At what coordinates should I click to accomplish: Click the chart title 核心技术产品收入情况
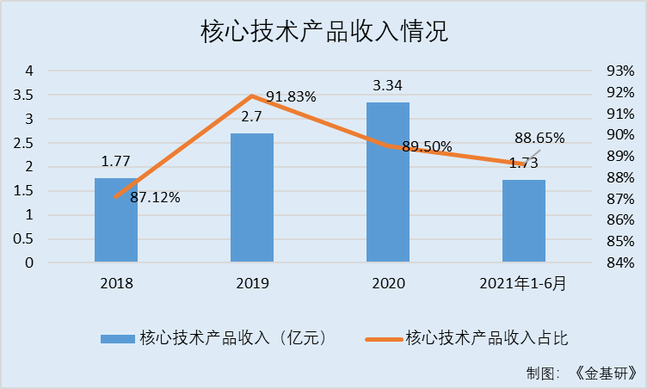pos(324,32)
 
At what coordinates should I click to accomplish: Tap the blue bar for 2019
pos(252,198)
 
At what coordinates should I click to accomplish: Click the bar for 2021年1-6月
pos(524,221)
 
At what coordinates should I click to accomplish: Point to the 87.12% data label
pos(155,198)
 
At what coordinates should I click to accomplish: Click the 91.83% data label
pos(291,97)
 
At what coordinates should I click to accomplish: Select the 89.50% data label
pos(427,146)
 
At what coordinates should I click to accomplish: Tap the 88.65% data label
pos(539,138)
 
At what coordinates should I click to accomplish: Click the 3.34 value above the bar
pos(388,86)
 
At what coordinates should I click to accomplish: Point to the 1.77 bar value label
pos(116,161)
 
